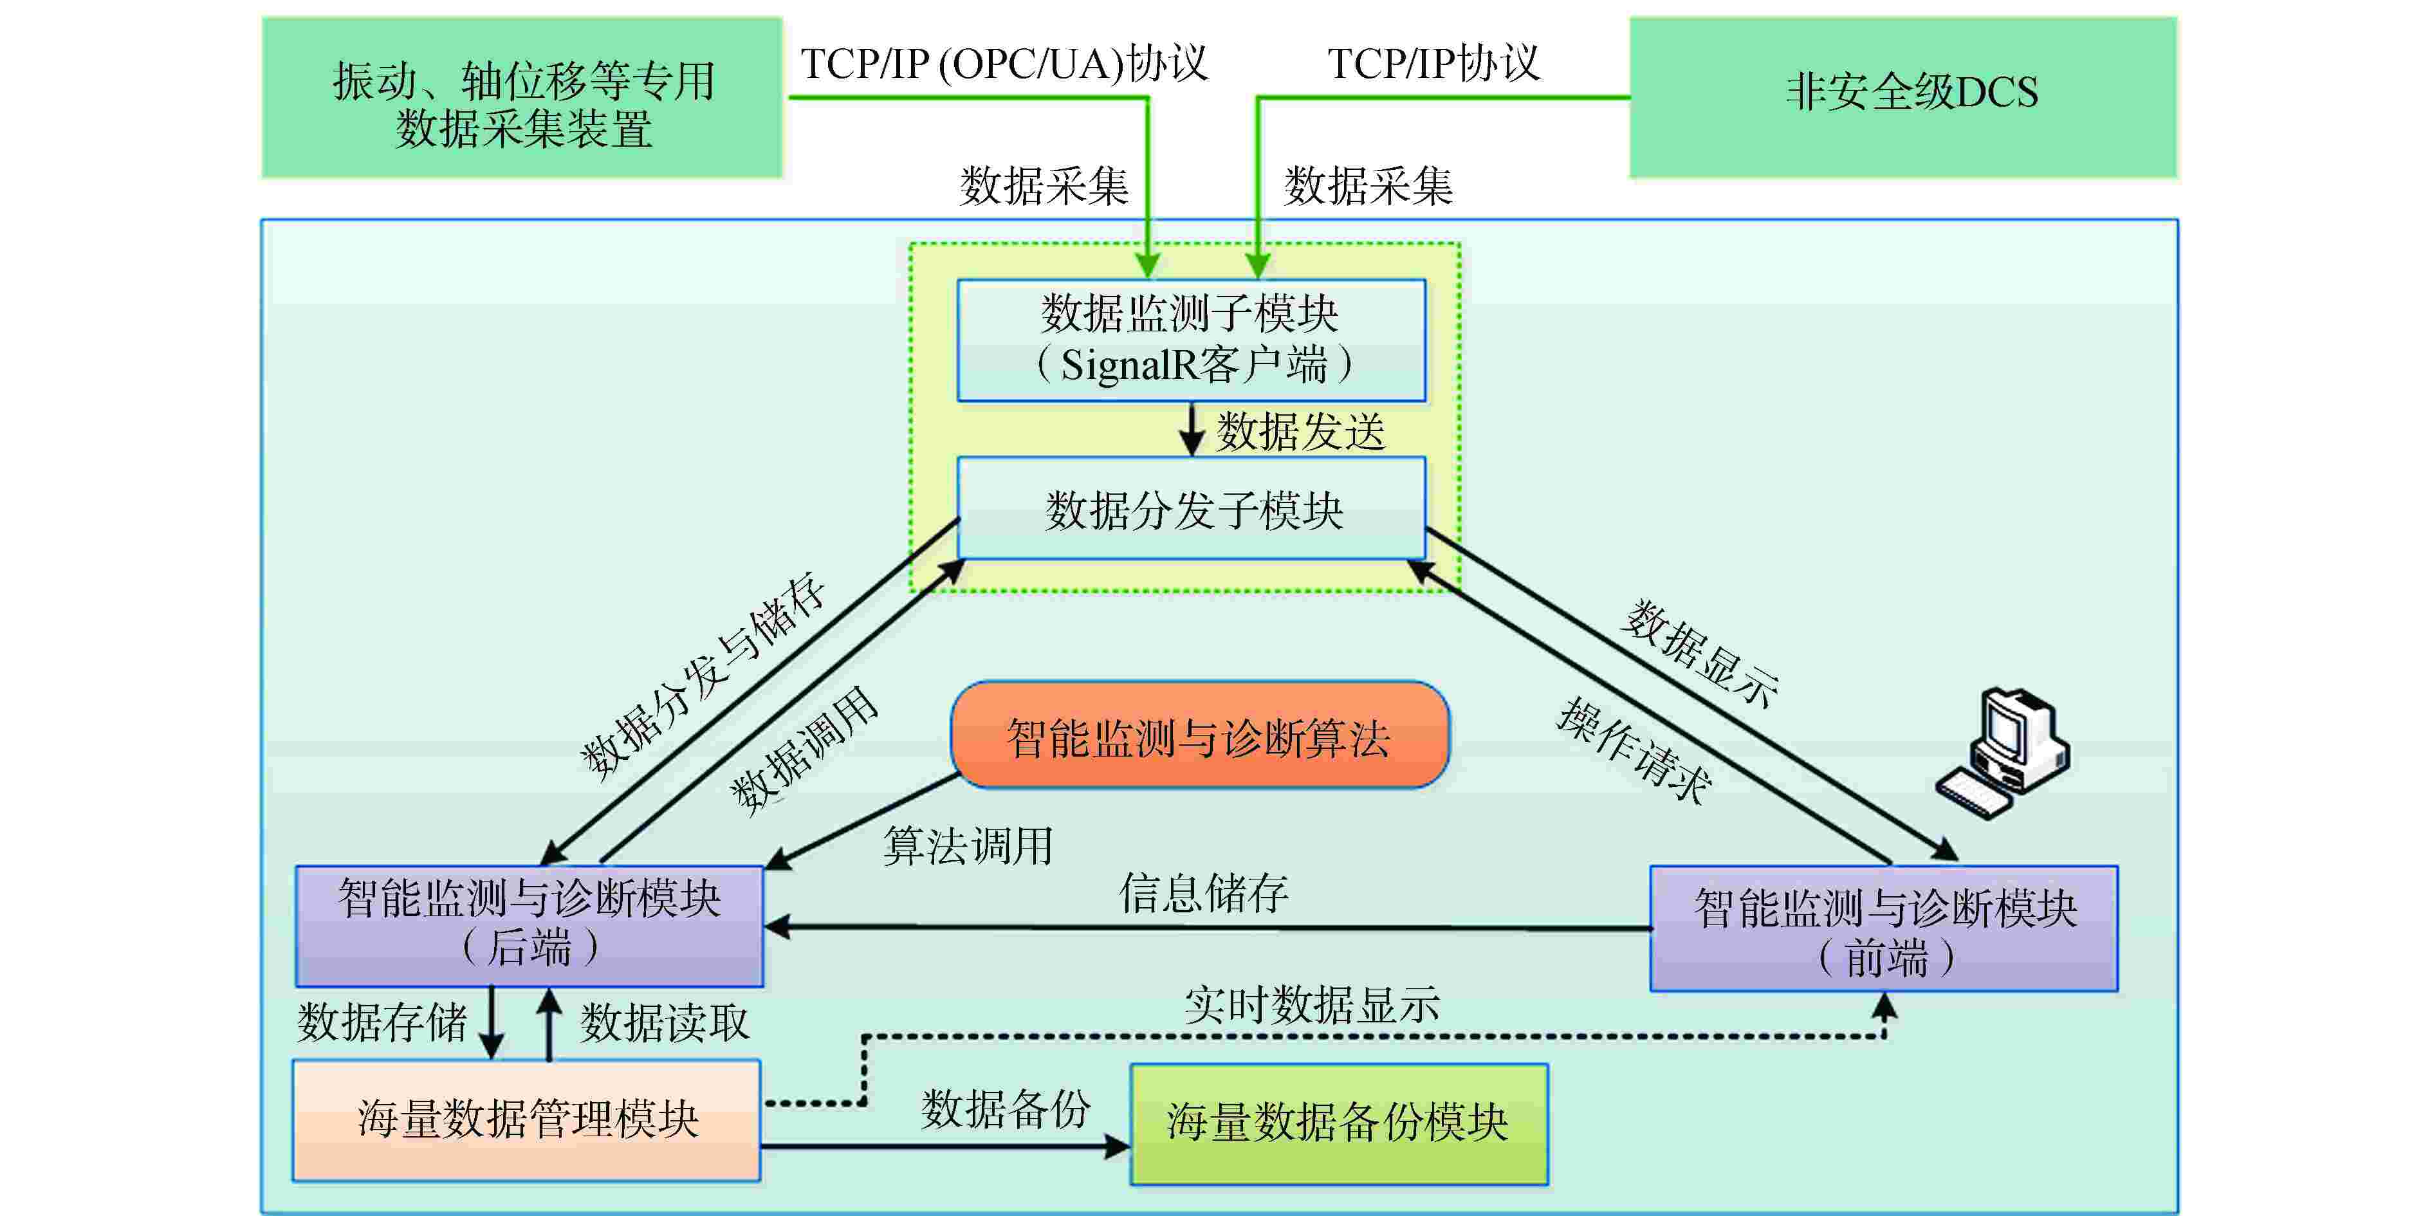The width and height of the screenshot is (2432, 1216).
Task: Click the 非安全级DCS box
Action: [x=1902, y=97]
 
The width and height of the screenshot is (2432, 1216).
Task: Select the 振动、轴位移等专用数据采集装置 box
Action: [x=522, y=97]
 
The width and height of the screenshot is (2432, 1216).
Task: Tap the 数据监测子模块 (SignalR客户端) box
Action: [x=1192, y=340]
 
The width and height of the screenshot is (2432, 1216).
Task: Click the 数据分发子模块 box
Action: [x=1192, y=508]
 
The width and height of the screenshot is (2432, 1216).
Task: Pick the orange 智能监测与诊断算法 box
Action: [x=1199, y=735]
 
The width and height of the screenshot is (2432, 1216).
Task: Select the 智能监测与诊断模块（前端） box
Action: [x=1883, y=928]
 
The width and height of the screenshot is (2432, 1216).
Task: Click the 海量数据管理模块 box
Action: [x=527, y=1119]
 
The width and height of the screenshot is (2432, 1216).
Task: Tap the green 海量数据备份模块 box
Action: [x=1339, y=1123]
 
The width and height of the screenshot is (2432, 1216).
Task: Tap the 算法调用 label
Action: [x=968, y=846]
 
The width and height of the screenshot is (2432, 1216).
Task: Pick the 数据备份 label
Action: [x=1006, y=1109]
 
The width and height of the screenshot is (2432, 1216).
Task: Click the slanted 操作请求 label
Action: [x=1634, y=751]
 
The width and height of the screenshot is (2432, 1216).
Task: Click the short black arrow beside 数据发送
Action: [x=1192, y=430]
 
